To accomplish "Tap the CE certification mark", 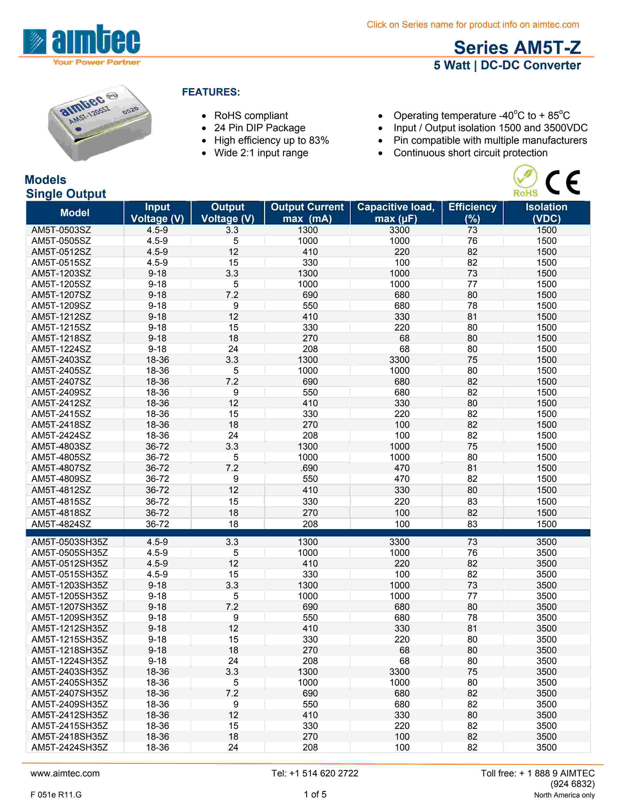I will pos(562,182).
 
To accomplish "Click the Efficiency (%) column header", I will pos(472,213).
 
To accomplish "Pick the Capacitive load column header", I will pos(395,213).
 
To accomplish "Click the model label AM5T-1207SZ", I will pos(61,295).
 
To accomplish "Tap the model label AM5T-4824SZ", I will pos(61,524).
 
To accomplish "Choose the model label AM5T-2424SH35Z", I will pos(69,747).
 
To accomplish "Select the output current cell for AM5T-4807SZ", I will pos(309,468).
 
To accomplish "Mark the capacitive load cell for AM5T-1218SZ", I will pos(404,338).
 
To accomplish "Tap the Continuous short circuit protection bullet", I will pos(470,153).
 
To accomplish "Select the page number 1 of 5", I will pos(315,794).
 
